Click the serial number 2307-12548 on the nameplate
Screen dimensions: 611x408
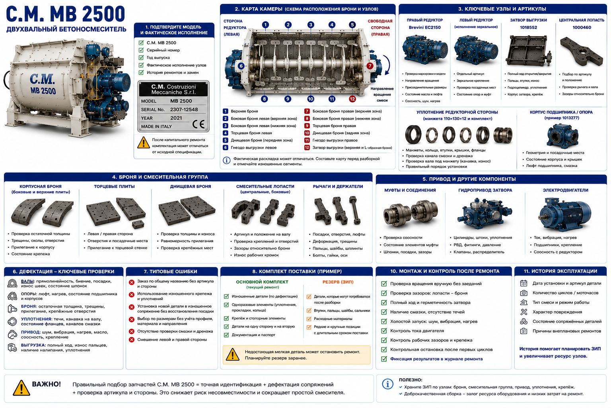(x=184, y=110)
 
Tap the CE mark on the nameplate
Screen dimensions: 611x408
(x=198, y=124)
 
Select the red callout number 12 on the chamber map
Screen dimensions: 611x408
(x=352, y=99)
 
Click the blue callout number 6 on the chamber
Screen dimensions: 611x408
(x=241, y=66)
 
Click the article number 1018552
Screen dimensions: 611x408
(x=528, y=27)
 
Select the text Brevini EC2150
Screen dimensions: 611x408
(x=424, y=27)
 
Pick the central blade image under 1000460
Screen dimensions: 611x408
(x=581, y=51)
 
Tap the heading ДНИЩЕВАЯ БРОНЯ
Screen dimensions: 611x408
(x=191, y=186)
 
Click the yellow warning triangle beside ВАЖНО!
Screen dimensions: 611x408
(x=21, y=388)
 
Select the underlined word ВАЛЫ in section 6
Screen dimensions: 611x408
(x=27, y=281)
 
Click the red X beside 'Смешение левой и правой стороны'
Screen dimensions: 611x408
(x=132, y=340)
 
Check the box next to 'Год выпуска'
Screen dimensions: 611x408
(x=141, y=58)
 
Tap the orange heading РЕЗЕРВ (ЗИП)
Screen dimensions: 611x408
(x=338, y=282)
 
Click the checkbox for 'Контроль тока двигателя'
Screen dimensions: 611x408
(x=384, y=331)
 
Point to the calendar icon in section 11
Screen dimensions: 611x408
(x=523, y=283)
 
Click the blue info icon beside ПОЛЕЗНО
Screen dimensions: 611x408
(x=387, y=384)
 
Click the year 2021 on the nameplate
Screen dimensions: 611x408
(x=176, y=118)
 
